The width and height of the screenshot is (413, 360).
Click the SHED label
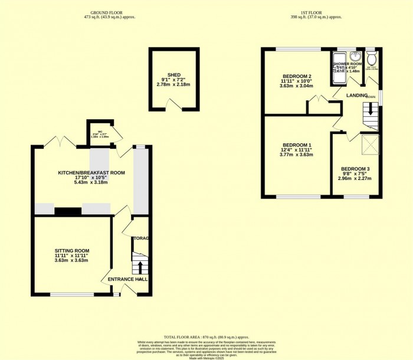pos(174,75)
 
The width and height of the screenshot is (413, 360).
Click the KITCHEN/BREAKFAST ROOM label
pos(91,172)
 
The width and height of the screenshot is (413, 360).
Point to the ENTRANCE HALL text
pos(127,279)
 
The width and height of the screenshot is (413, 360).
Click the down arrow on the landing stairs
pos(371,109)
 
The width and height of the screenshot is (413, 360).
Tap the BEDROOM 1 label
pos(297,145)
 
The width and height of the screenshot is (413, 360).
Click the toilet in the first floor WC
pos(371,58)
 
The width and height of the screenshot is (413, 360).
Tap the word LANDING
pos(357,96)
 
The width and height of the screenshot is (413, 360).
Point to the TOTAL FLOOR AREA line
pos(206,335)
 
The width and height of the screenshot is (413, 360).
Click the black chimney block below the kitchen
pos(68,210)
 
